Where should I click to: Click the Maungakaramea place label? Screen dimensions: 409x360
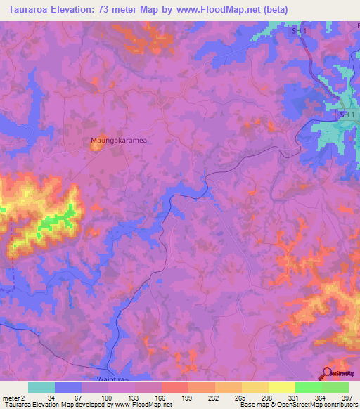(117, 141)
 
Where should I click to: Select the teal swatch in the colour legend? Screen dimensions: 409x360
(41, 387)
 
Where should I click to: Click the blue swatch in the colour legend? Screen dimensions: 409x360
(68, 387)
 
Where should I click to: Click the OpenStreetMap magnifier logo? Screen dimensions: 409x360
(327, 373)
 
